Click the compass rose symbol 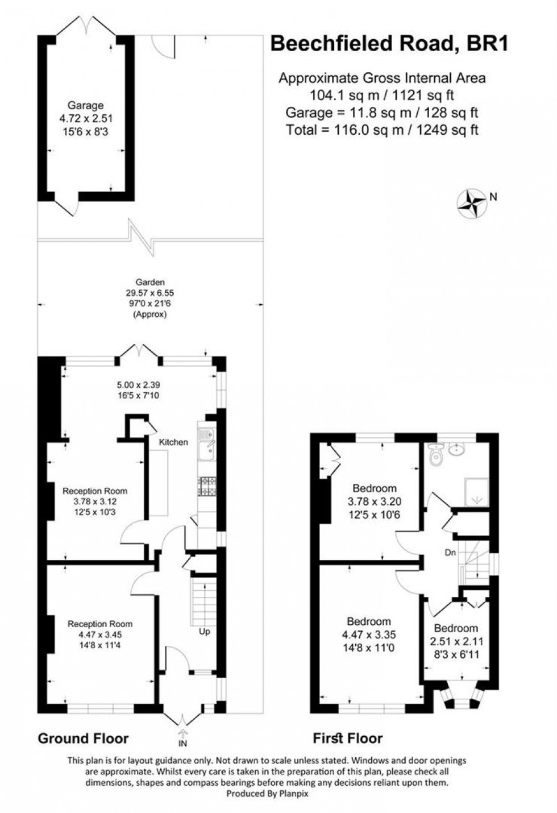[x=472, y=203]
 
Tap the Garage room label [x=86, y=105]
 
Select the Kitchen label [x=173, y=442]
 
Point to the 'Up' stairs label [x=204, y=631]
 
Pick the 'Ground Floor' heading [x=83, y=739]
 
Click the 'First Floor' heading [x=348, y=739]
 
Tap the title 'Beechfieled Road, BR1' [x=389, y=44]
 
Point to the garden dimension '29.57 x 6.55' [x=150, y=293]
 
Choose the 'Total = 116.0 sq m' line [x=382, y=130]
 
